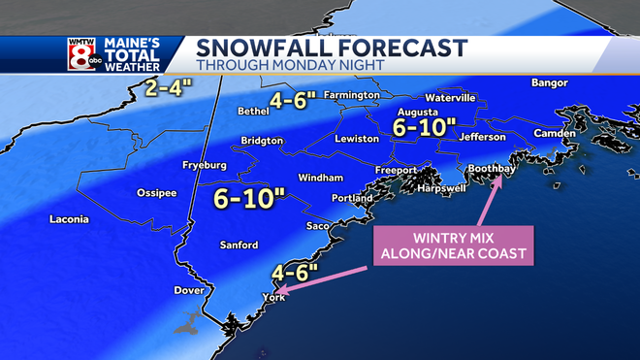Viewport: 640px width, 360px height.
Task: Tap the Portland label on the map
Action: [x=353, y=198]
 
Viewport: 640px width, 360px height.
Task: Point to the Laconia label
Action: [x=70, y=219]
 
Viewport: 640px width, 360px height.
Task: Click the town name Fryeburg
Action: [x=205, y=165]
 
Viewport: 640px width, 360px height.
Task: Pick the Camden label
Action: [x=553, y=133]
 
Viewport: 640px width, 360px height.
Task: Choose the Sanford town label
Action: [x=239, y=245]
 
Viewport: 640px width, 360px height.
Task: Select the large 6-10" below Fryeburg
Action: [x=249, y=200]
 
